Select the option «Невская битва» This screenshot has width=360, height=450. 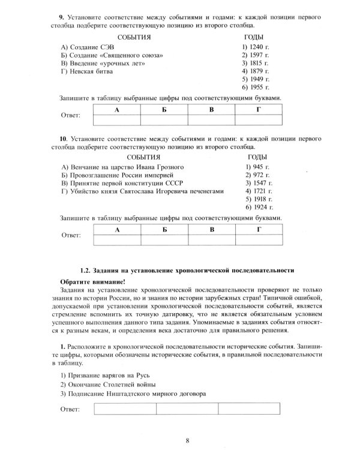pyautogui.click(x=87, y=71)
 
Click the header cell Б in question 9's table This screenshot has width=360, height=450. pyautogui.click(x=164, y=110)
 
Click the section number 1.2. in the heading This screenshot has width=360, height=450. pyautogui.click(x=88, y=271)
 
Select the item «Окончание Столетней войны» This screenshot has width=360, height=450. pyautogui.click(x=109, y=383)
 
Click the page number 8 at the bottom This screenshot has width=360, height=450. pyautogui.click(x=188, y=441)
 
